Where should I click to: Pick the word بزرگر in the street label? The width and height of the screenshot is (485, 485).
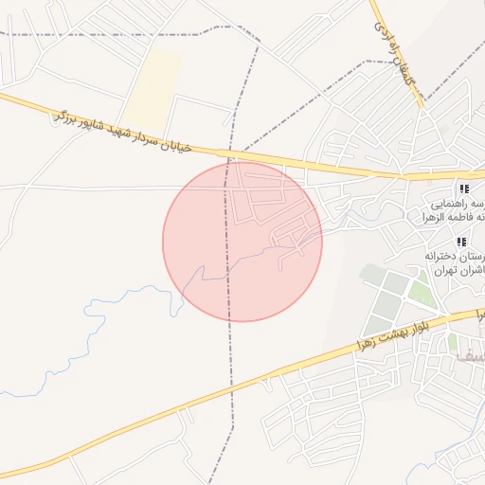pos(65,117)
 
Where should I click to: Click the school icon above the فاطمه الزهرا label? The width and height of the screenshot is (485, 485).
pos(464,189)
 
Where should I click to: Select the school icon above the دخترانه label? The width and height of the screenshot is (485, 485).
pos(461,242)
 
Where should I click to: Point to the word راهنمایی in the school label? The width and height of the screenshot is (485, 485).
pos(454,204)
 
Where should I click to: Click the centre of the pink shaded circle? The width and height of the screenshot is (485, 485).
pos(242,242)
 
